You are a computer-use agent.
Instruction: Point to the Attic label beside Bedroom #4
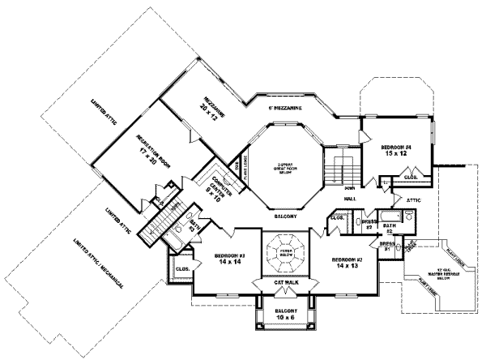pos(416,196)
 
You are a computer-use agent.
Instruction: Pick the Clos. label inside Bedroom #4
pos(411,176)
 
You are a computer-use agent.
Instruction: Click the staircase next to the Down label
pos(341,169)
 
